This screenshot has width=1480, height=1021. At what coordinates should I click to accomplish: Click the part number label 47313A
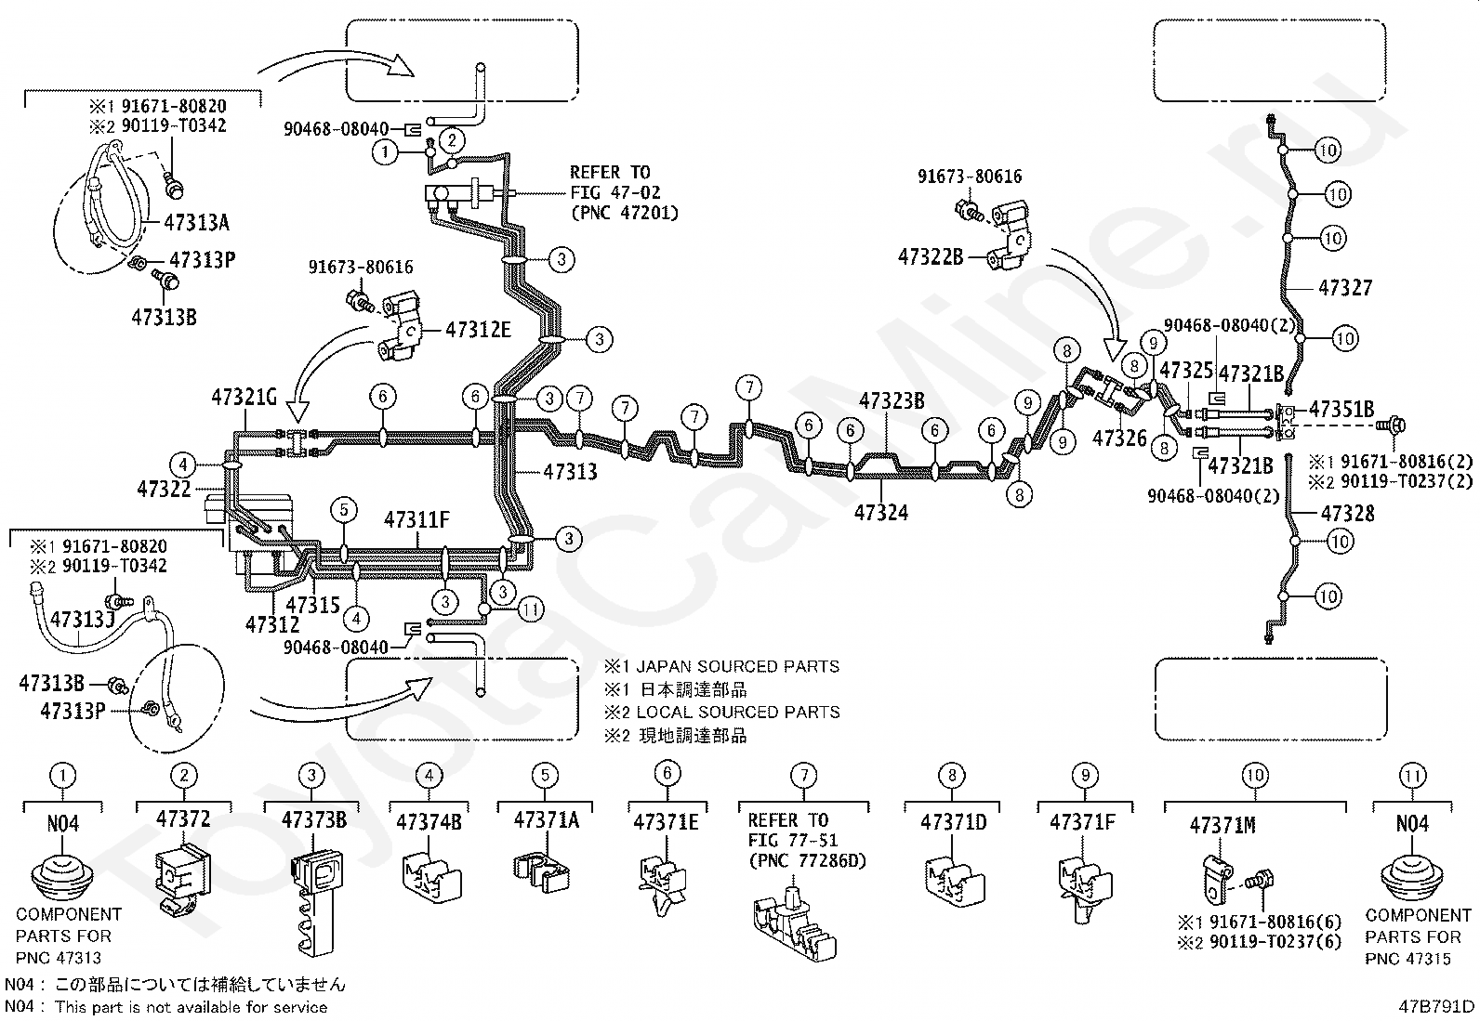click(196, 223)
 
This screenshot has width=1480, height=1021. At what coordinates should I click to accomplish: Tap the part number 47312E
click(478, 330)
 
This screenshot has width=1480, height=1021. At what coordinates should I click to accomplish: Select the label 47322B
click(931, 257)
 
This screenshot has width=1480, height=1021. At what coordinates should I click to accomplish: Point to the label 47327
click(1345, 288)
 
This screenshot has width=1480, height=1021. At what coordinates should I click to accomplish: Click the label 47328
click(1347, 513)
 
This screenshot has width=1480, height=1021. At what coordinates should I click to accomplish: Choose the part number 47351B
click(1341, 410)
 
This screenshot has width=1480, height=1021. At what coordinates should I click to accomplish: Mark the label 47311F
click(416, 519)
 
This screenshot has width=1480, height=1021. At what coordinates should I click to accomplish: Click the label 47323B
click(892, 400)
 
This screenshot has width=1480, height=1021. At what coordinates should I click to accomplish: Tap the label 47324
click(880, 513)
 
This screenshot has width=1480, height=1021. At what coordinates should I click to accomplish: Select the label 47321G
click(244, 397)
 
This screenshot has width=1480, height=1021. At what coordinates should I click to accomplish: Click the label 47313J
click(84, 620)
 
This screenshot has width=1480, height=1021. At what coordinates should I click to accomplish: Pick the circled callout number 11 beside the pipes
click(531, 609)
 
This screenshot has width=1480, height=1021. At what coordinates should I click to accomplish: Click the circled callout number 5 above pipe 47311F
click(344, 510)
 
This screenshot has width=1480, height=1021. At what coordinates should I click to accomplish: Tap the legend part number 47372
click(183, 818)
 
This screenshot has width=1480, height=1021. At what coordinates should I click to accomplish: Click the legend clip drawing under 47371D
click(954, 881)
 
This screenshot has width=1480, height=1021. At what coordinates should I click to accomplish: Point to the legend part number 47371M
click(1222, 826)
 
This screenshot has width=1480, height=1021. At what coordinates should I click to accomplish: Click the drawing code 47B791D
click(1435, 1006)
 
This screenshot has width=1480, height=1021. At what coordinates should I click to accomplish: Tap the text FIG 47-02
click(615, 193)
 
